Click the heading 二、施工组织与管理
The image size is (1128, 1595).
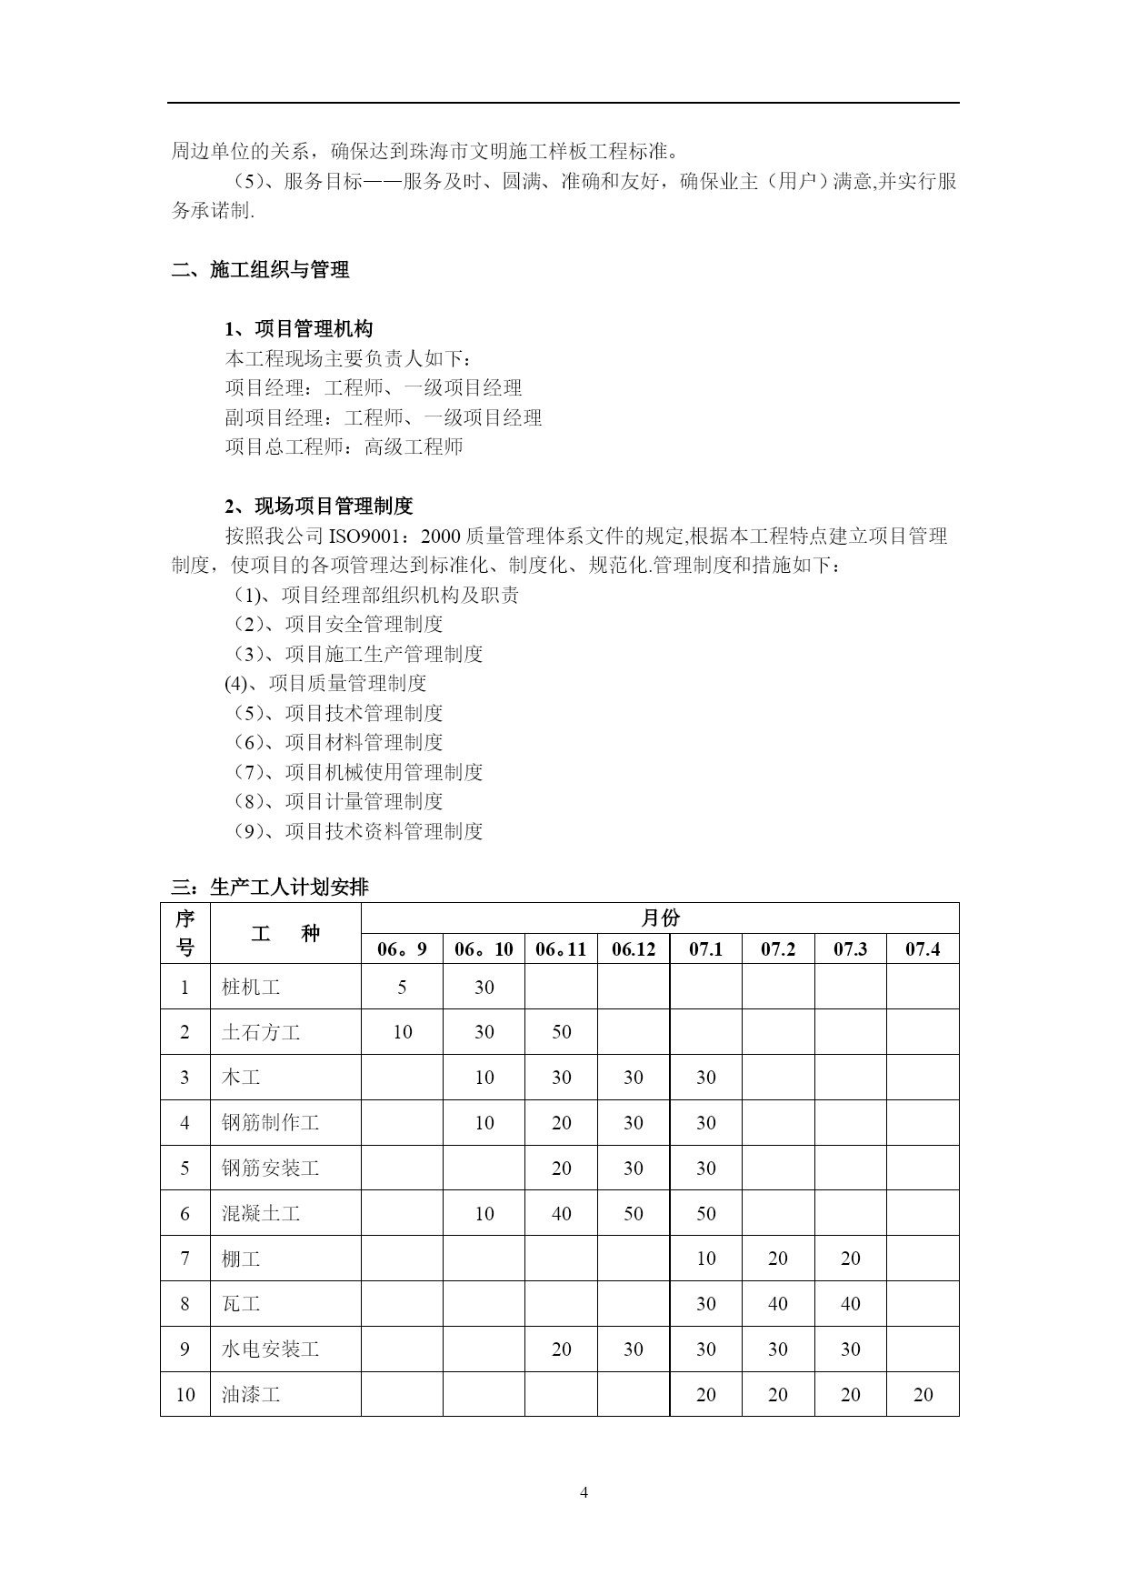(260, 270)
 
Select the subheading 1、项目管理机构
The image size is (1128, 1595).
(298, 329)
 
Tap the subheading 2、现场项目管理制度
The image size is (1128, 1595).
(318, 507)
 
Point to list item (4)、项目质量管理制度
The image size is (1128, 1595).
(325, 684)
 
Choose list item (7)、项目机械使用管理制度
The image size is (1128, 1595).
(357, 772)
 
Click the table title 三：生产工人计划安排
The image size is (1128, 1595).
(269, 888)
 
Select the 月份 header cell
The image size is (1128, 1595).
(659, 918)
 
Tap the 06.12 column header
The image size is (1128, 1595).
(633, 949)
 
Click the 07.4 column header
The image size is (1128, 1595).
(922, 949)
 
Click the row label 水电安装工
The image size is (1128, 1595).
(270, 1349)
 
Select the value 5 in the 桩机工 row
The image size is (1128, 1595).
(402, 987)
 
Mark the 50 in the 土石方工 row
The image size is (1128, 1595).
(561, 1032)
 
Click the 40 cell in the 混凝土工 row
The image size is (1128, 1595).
(561, 1213)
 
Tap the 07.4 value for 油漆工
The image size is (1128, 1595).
(922, 1394)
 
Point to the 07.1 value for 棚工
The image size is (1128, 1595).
(705, 1259)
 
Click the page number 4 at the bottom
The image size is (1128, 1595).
(584, 1492)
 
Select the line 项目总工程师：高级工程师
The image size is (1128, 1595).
(344, 447)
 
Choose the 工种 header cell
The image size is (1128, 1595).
(284, 933)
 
